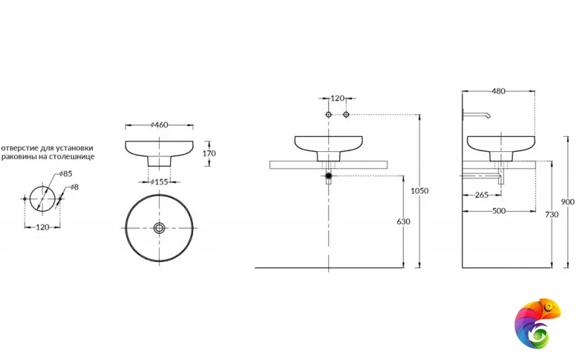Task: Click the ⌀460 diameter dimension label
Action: (159, 125)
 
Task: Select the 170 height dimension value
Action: (209, 153)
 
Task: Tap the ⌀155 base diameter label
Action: (159, 182)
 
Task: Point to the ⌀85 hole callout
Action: (66, 174)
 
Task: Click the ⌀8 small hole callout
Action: (74, 187)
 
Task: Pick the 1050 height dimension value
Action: (420, 191)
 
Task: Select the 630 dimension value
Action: (403, 222)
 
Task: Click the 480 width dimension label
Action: (498, 91)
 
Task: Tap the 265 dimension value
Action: (482, 195)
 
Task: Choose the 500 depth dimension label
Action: (498, 211)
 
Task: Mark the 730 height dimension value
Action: (552, 215)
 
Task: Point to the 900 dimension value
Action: (567, 202)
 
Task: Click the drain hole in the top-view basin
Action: (159, 228)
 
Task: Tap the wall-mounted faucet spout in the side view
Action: (477, 114)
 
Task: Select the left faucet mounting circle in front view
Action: (328, 114)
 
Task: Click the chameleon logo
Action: (537, 323)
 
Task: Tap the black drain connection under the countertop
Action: (329, 176)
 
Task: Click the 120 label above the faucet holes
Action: (337, 99)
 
